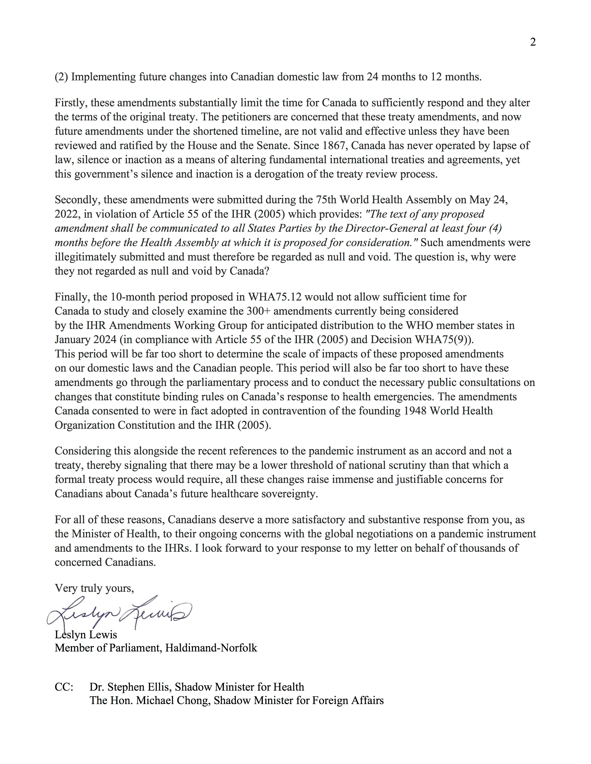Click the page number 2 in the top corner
point(533,42)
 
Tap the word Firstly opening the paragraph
point(71,103)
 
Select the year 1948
point(415,411)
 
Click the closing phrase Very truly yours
point(94,588)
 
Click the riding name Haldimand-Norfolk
point(211,648)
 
